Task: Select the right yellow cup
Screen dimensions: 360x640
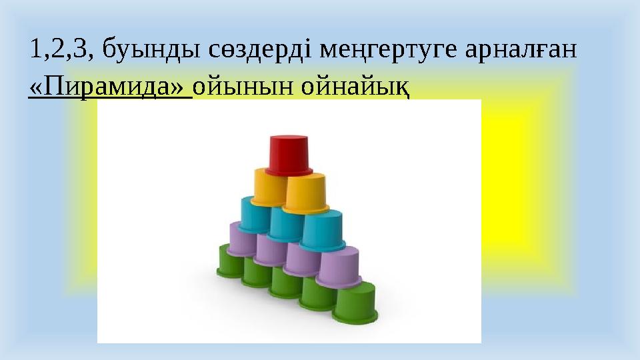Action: pos(305,192)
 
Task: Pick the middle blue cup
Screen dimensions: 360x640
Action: pos(287,223)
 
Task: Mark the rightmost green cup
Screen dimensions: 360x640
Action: pos(354,301)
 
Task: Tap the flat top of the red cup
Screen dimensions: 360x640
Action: pos(289,139)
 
